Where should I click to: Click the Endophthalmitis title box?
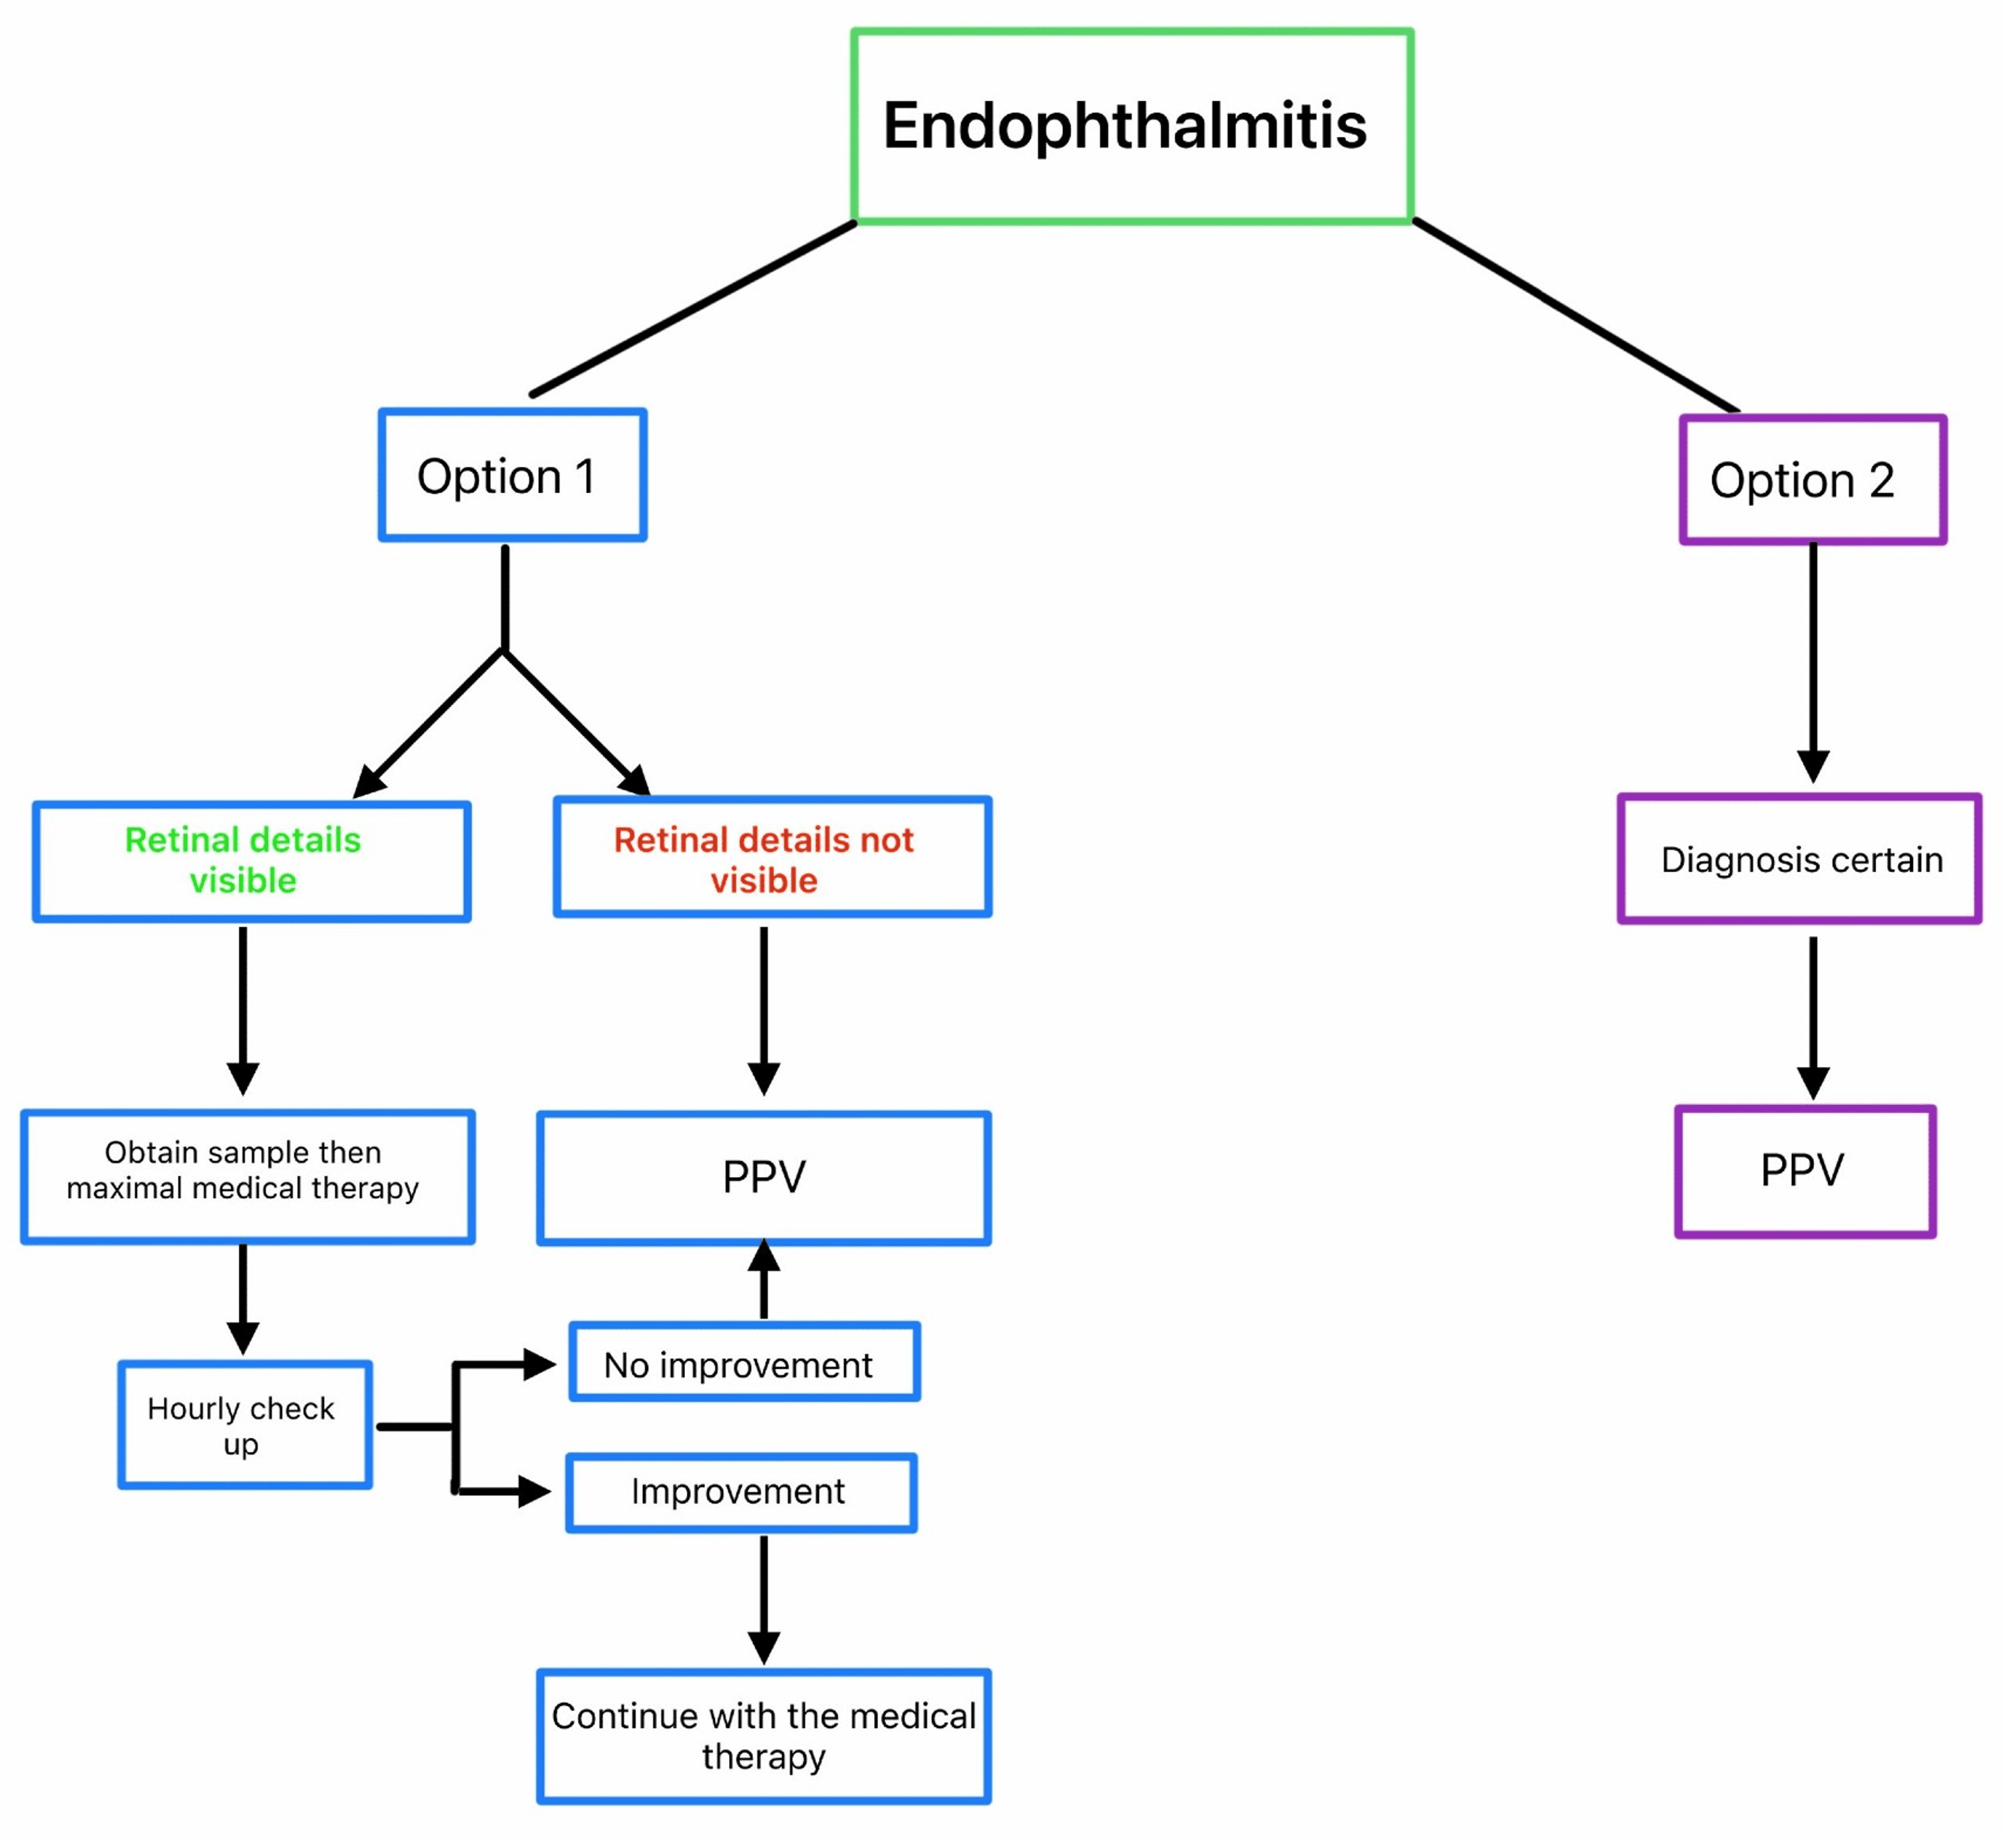coord(1131,126)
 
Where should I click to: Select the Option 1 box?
coord(512,475)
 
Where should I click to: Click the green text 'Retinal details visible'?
coord(242,861)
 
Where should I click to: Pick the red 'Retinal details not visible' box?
coord(772,857)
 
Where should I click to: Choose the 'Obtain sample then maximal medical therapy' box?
coord(246,1176)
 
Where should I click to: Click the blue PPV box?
coord(763,1178)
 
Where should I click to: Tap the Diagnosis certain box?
coord(1799,859)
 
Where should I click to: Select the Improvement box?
coord(741,1493)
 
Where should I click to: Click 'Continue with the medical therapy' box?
coord(763,1737)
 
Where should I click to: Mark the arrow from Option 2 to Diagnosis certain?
coord(1812,662)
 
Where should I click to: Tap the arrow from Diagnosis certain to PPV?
coord(1812,1015)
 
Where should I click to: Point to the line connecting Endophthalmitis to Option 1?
coord(692,309)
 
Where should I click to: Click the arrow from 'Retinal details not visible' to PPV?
coord(763,1009)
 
